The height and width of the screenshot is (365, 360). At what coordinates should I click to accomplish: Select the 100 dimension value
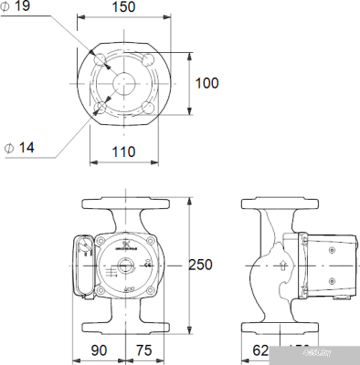(207, 83)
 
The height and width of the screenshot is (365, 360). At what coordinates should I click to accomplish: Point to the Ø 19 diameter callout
(19, 7)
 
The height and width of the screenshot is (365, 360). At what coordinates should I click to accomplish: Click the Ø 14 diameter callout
(19, 146)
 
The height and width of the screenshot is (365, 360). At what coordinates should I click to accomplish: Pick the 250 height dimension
(200, 265)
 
